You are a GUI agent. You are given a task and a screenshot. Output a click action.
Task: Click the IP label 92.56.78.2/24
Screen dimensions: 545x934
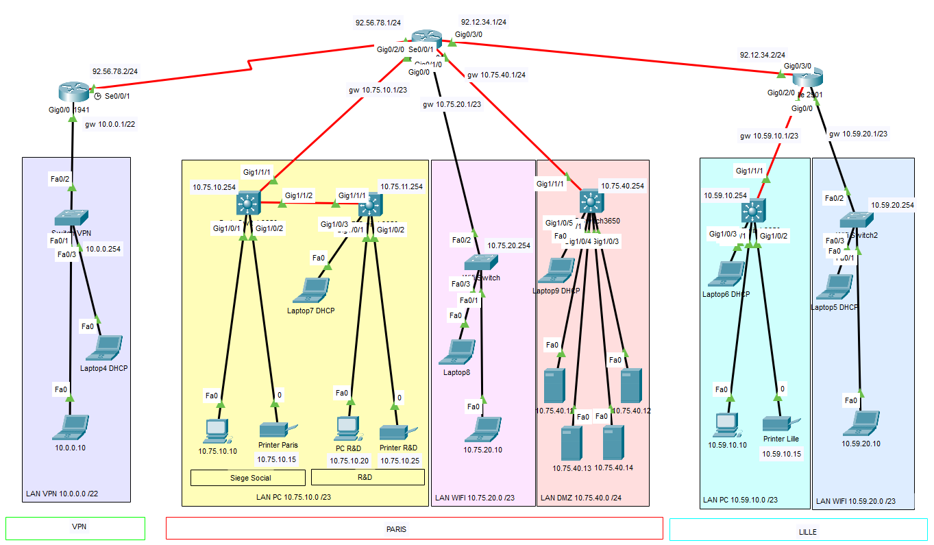115,71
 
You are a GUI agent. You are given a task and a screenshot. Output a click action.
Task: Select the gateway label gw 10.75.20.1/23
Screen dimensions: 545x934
452,104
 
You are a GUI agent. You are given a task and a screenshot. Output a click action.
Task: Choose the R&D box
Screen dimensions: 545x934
367,477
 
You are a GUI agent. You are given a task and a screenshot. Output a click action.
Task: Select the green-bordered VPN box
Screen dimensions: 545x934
75,528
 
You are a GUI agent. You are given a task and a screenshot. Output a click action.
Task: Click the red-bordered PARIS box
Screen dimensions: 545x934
414,529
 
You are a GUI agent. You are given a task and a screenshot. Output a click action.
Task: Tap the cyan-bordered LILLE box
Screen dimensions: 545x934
798,529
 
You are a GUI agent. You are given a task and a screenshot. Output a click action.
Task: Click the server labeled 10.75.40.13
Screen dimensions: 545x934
571,444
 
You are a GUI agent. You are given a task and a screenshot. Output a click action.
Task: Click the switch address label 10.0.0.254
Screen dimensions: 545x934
103,249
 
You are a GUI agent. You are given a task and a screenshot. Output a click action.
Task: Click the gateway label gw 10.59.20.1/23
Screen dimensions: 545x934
858,134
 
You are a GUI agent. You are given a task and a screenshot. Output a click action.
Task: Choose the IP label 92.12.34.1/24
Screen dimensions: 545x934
484,22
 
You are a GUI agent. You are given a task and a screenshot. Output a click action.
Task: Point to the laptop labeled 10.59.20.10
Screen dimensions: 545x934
861,423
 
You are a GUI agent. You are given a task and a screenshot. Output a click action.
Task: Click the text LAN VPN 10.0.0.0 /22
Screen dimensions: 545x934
62,494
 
